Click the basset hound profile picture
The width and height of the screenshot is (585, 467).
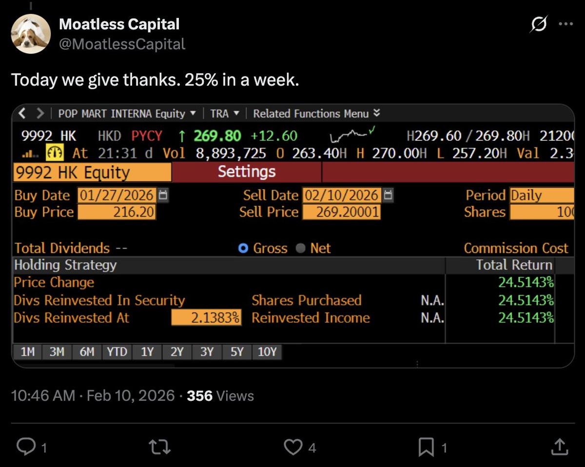pos(31,34)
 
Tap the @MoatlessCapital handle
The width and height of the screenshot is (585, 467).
pos(122,44)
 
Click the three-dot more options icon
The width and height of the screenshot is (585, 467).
pos(565,24)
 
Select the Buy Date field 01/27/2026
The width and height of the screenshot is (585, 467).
pos(117,195)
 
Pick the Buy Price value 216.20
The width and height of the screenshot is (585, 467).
pos(117,212)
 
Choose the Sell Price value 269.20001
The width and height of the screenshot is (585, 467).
pos(341,212)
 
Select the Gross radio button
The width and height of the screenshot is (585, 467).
pos(243,249)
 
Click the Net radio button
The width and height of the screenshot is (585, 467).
pos(301,249)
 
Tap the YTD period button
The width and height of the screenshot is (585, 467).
pos(117,352)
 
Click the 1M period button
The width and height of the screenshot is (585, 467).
pos(27,352)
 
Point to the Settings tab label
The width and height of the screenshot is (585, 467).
pos(247,172)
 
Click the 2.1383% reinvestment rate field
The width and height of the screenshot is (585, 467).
pos(206,318)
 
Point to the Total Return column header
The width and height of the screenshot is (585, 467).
pos(514,265)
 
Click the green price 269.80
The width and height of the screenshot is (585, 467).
pos(217,136)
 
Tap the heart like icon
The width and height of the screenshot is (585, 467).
pos(293,447)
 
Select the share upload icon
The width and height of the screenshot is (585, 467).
pos(559,447)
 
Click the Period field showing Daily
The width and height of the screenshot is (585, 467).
pos(541,195)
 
